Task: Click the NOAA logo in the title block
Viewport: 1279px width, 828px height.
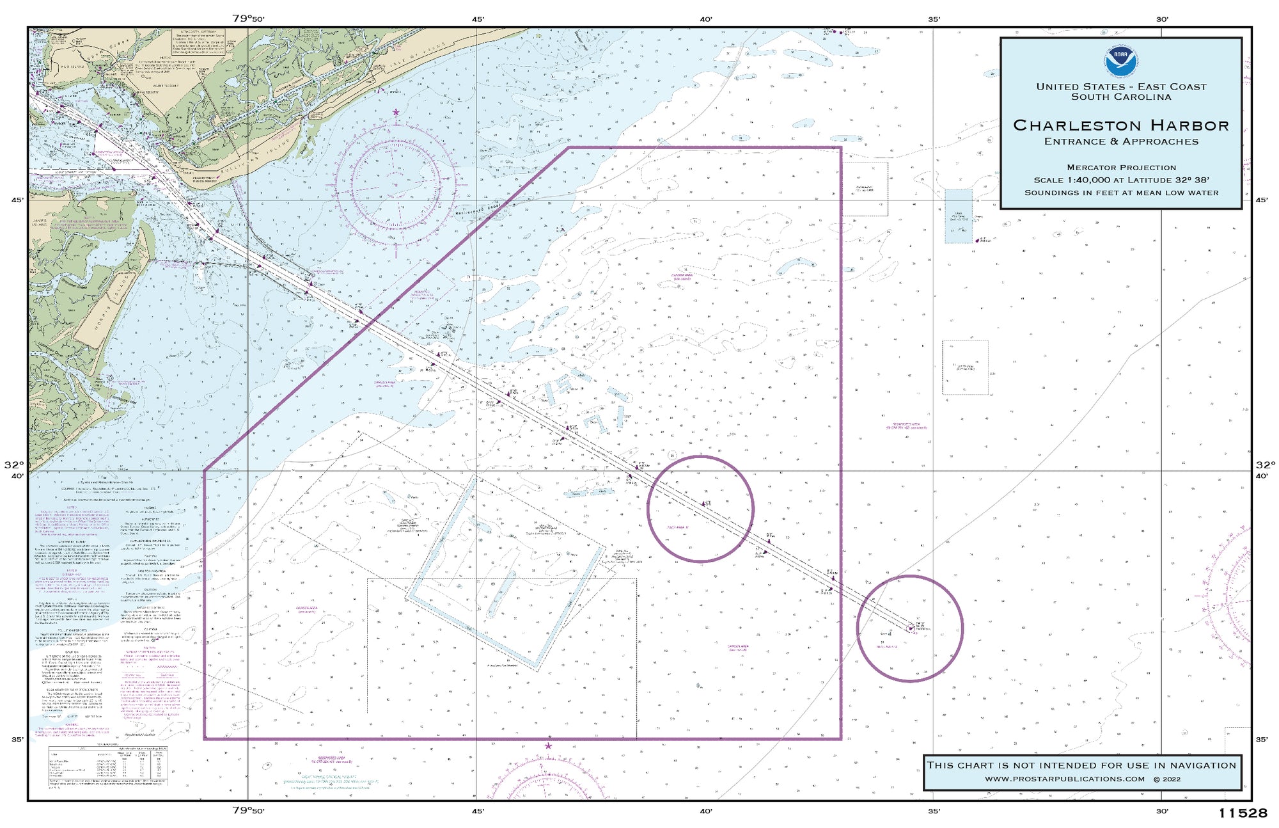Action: coord(1120,61)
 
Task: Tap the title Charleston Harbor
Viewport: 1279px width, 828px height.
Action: coord(1121,125)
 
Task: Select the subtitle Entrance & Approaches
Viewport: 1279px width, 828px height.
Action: coord(1121,141)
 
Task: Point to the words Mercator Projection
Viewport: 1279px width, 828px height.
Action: coord(1121,168)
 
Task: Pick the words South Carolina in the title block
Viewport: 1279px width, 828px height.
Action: coord(1121,97)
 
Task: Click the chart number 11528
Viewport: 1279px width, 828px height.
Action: coord(1242,813)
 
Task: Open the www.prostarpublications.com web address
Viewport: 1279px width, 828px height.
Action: coord(1064,779)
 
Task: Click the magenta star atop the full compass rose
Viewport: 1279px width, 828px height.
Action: coord(396,113)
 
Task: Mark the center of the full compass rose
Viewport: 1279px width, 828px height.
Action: coord(396,185)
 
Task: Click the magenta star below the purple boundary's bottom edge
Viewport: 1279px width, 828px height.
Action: coord(548,746)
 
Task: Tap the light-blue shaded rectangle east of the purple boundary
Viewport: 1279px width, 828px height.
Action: coord(958,216)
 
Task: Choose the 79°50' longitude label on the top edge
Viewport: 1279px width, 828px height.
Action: coord(248,19)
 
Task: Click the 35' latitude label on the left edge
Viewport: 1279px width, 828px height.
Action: coord(17,740)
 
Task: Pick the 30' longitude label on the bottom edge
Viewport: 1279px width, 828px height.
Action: coord(1162,811)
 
